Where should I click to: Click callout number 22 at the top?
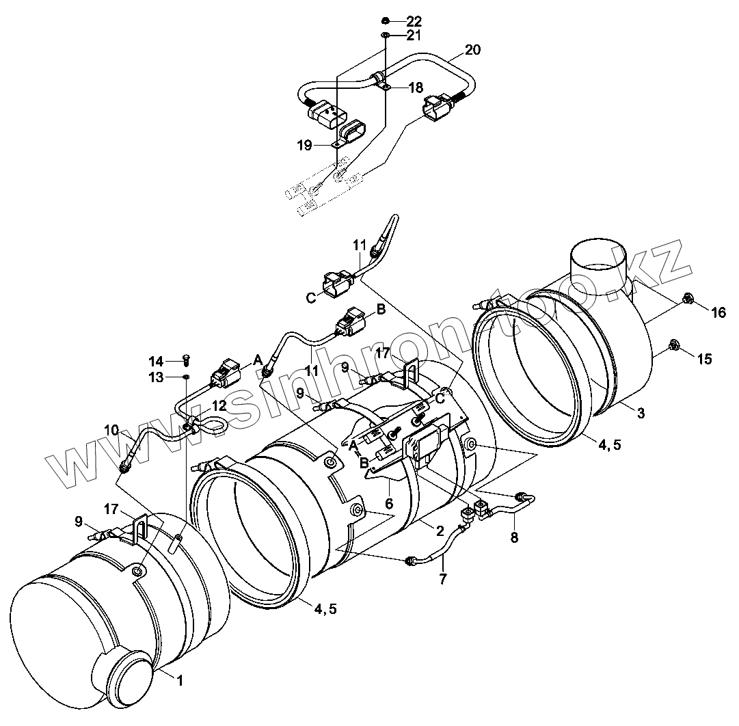(414, 21)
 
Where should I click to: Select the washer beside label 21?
(386, 35)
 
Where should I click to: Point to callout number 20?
(472, 50)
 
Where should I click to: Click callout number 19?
(304, 145)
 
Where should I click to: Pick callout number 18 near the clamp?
(416, 88)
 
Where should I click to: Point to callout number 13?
(157, 377)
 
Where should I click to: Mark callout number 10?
(111, 429)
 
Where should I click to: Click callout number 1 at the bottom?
(179, 680)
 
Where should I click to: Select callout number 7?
(442, 579)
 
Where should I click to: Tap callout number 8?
(513, 537)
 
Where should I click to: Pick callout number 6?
(389, 503)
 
